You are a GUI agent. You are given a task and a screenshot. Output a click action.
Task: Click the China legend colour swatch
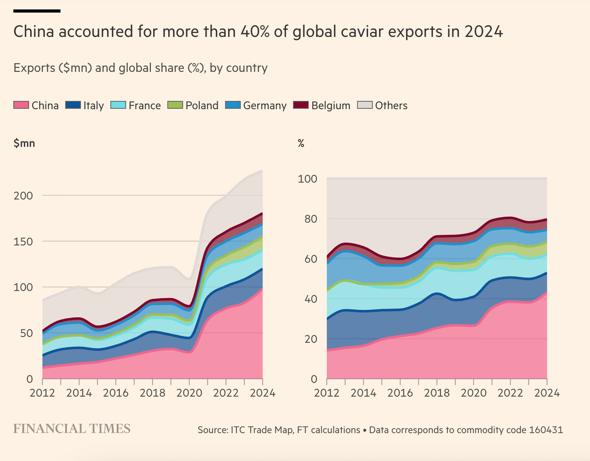pyautogui.click(x=21, y=105)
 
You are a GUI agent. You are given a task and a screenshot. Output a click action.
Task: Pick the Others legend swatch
pyautogui.click(x=365, y=105)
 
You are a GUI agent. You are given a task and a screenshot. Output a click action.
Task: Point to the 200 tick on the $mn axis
pyautogui.click(x=23, y=196)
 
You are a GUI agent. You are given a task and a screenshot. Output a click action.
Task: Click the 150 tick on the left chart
pyautogui.click(x=23, y=241)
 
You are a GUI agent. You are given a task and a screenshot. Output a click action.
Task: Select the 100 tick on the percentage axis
pyautogui.click(x=308, y=179)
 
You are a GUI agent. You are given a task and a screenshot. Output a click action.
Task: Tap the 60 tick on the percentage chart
pyautogui.click(x=311, y=259)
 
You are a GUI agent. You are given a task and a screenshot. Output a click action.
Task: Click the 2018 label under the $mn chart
pyautogui.click(x=152, y=393)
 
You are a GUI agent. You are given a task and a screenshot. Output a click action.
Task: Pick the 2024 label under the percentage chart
pyautogui.click(x=547, y=393)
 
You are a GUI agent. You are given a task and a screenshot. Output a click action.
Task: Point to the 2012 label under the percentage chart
pyautogui.click(x=327, y=393)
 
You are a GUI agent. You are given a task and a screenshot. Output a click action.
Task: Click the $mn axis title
pyautogui.click(x=24, y=143)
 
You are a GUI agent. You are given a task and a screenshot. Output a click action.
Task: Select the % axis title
pyautogui.click(x=301, y=143)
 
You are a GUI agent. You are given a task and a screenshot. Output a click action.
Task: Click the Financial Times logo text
pyautogui.click(x=72, y=429)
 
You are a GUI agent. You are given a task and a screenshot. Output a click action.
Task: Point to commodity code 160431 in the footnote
pyautogui.click(x=546, y=430)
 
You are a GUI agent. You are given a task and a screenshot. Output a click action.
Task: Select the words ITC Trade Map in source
pyautogui.click(x=262, y=430)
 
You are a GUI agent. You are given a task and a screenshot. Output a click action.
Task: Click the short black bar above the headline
pyautogui.click(x=37, y=11)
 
